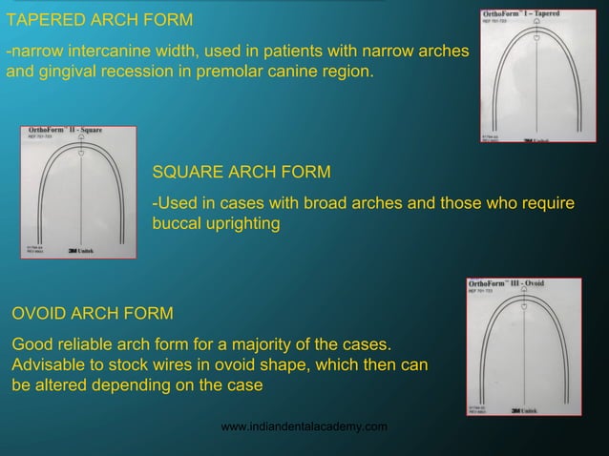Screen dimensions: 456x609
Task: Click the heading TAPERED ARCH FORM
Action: click(x=99, y=20)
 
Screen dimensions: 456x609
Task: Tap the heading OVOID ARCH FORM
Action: click(x=92, y=313)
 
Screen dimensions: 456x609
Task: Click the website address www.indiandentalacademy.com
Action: click(x=304, y=426)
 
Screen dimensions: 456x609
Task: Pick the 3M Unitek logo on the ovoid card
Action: click(x=528, y=411)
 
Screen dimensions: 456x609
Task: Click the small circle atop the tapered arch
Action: click(x=536, y=38)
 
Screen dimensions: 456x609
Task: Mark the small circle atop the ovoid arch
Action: click(x=524, y=305)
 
